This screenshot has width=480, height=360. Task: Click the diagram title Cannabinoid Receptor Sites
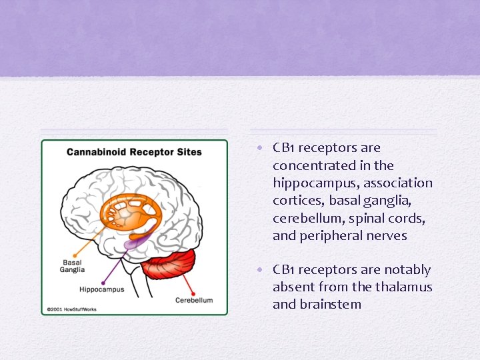pyautogui.click(x=133, y=152)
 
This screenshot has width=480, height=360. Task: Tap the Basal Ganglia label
pyautogui.click(x=72, y=266)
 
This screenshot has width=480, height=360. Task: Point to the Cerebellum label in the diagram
pyautogui.click(x=194, y=300)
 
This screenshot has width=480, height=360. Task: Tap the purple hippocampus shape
pyautogui.click(x=136, y=243)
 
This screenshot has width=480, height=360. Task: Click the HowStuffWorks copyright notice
pyautogui.click(x=70, y=310)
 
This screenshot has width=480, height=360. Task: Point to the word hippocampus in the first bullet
pyautogui.click(x=306, y=183)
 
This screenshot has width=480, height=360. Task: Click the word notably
pyautogui.click(x=407, y=270)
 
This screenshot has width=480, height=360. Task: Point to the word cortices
pyautogui.click(x=297, y=200)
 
